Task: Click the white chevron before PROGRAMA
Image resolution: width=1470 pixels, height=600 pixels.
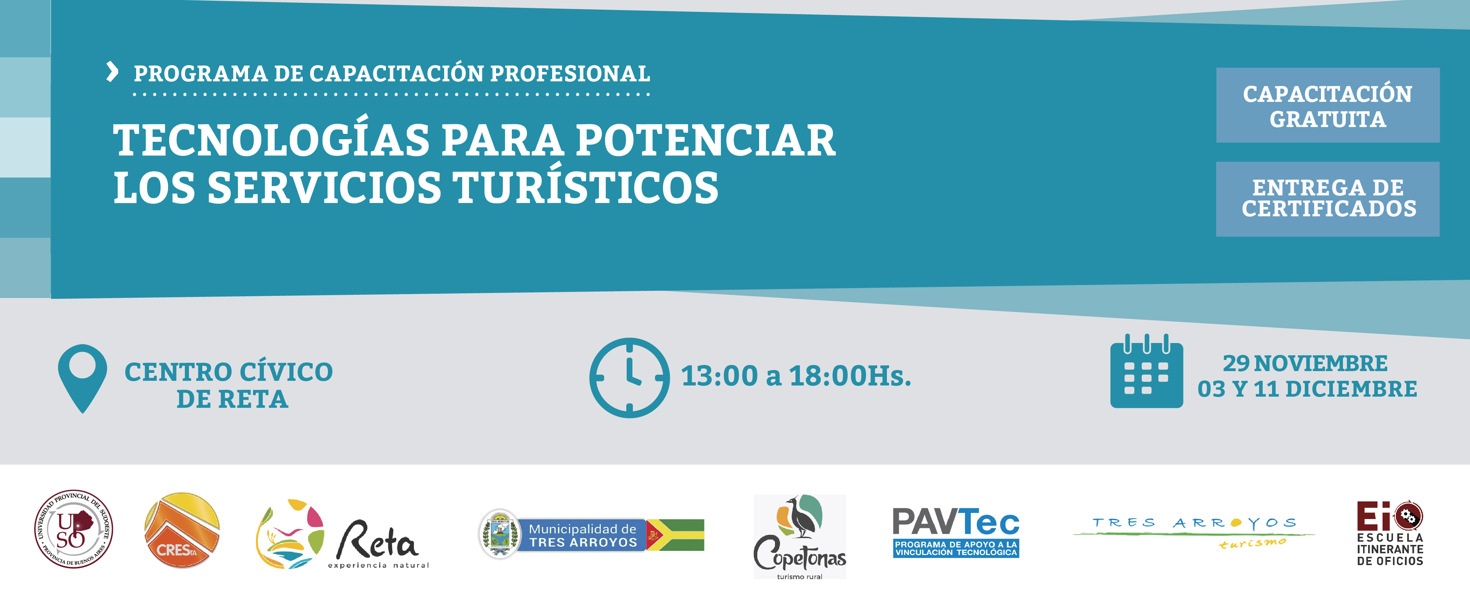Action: pos(112,72)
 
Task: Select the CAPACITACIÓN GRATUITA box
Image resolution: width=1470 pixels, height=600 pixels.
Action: pos(1328,105)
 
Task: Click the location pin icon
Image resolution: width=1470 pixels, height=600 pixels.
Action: pos(83,378)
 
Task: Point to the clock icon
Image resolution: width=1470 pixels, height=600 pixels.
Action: pos(630,378)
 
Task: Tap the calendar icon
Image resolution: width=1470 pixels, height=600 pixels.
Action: pos(1146,371)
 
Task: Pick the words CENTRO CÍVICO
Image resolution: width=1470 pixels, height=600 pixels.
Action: pos(229,372)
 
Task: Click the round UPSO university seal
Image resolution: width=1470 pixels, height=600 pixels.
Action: pos(74,529)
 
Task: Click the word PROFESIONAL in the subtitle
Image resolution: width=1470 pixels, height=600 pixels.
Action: pos(570,74)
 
